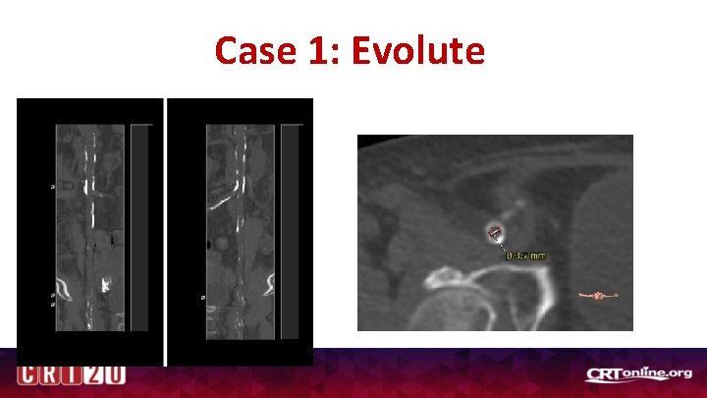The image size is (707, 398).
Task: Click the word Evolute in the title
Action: click(417, 50)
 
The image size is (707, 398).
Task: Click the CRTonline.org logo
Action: click(639, 373)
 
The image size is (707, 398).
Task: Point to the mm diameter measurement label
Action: click(526, 256)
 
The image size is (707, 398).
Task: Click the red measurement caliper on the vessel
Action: click(495, 233)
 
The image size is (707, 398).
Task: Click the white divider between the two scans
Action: click(166, 231)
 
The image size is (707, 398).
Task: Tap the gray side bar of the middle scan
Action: click(291, 226)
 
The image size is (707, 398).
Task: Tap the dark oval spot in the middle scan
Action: click(209, 245)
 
